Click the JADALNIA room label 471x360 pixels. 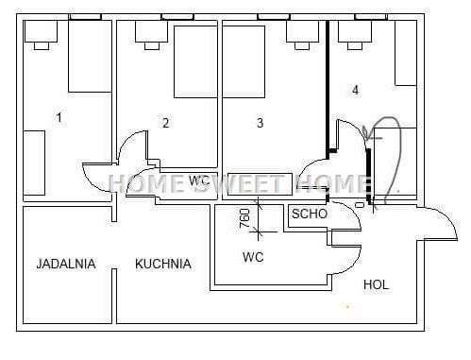[x=66, y=264]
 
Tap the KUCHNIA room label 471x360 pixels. [x=163, y=264]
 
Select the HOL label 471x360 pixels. [x=376, y=284]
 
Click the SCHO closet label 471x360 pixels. [x=310, y=214]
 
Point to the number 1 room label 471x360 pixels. [x=59, y=118]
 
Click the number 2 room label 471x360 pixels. [x=166, y=123]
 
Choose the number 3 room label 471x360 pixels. [x=260, y=123]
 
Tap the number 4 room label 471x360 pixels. [x=355, y=90]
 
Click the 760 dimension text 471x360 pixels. [x=244, y=218]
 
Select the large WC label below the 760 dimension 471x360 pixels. [x=253, y=257]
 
